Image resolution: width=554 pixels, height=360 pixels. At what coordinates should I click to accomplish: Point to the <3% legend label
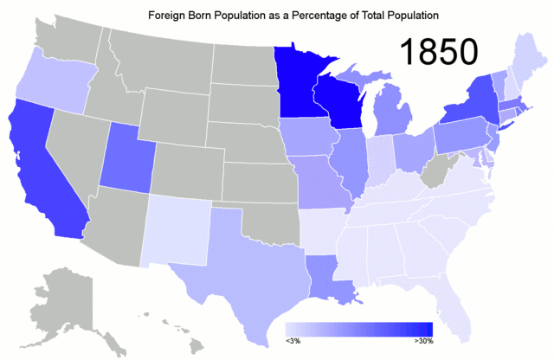click(293, 343)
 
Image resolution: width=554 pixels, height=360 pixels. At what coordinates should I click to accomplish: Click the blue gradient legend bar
click(359, 329)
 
